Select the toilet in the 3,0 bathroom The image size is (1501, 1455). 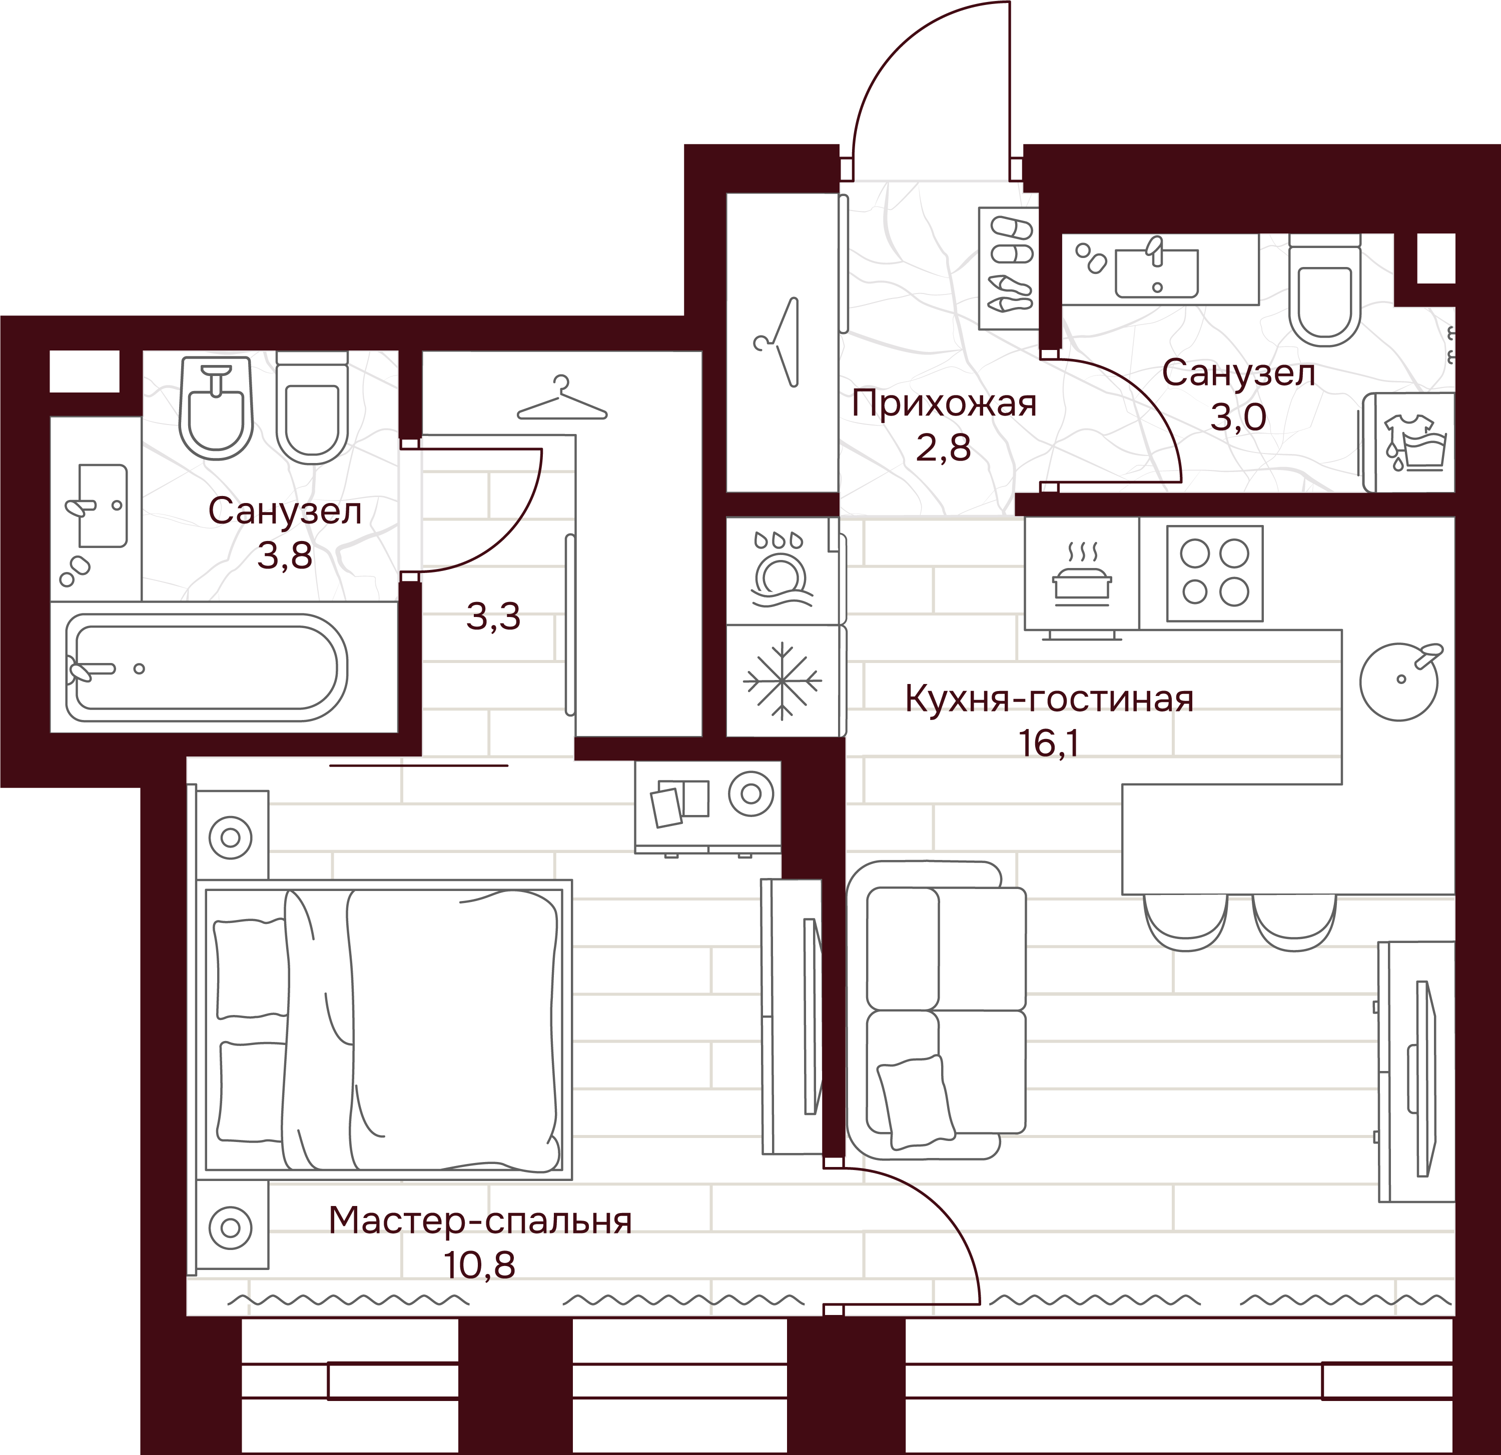[1324, 289]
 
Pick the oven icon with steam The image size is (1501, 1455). [1081, 574]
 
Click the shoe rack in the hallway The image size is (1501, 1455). [1007, 268]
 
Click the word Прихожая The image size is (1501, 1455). [944, 404]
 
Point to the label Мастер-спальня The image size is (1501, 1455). [480, 1221]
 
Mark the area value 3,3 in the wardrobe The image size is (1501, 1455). [493, 616]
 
